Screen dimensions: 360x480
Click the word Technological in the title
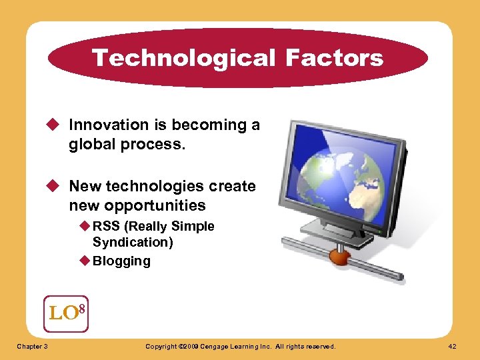tap(183, 58)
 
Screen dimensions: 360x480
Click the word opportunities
tap(159, 205)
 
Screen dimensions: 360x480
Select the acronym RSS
tap(107, 226)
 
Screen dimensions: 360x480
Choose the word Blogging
tap(121, 261)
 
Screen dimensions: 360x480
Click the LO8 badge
tap(65, 313)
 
